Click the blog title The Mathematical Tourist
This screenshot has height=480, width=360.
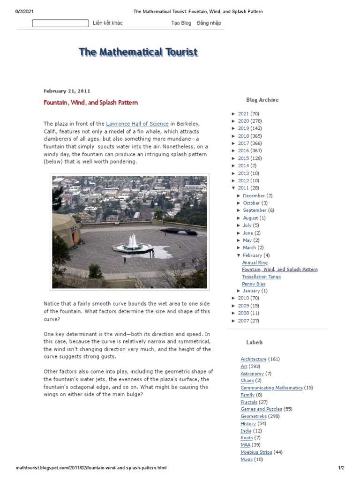coord(138,52)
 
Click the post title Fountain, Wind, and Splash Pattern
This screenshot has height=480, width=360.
coord(90,102)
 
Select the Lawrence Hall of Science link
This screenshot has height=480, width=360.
coord(137,124)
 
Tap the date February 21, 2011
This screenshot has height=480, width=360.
coord(67,91)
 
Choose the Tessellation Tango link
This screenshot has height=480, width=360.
coord(261,277)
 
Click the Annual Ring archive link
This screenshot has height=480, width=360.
coord(255,262)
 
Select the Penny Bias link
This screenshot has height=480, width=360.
coord(253,284)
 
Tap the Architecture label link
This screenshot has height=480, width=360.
coord(253,359)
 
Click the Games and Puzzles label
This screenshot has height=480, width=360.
coord(261,409)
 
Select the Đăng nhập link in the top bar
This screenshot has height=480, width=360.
coord(209,23)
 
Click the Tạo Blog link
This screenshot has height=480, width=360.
coord(181,23)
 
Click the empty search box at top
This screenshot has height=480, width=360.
coord(60,23)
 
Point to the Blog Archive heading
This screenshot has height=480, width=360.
coord(262,100)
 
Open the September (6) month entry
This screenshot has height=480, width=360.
coord(255,210)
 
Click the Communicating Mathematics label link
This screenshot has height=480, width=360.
coord(271,388)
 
